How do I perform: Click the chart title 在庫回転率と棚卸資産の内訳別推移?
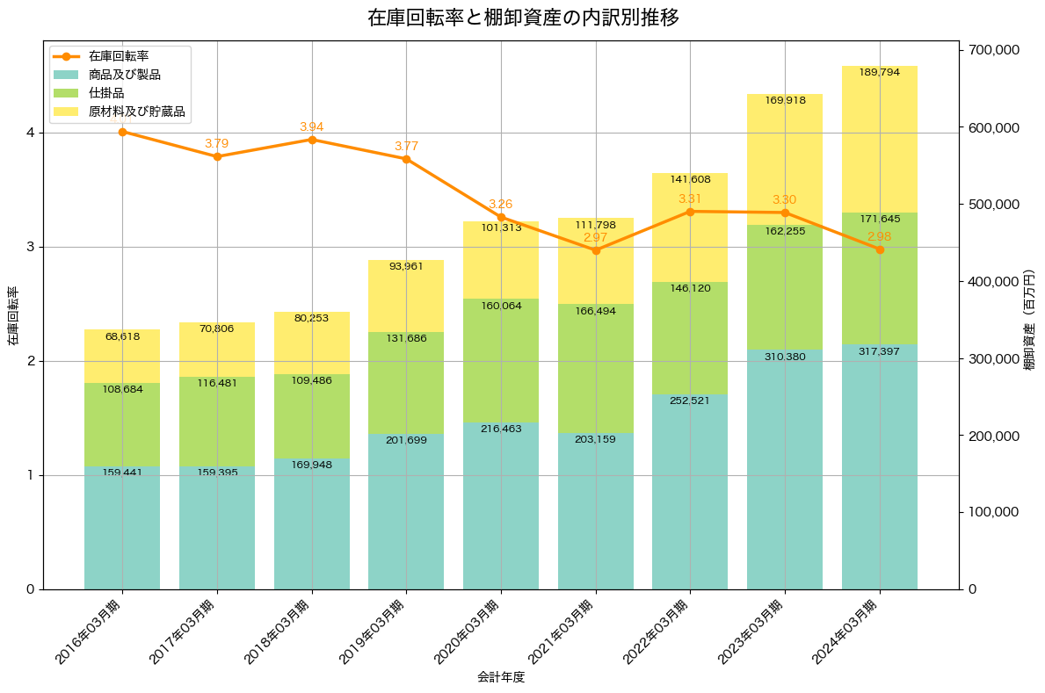click(x=522, y=18)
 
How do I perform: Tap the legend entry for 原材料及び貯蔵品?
click(x=138, y=112)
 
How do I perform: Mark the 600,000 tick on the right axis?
click(x=994, y=128)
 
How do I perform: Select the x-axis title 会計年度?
click(x=501, y=677)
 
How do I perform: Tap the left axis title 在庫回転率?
click(x=12, y=315)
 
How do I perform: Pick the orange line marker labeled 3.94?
click(x=312, y=140)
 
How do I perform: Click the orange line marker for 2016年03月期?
click(x=122, y=132)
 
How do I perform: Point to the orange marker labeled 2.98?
click(x=880, y=249)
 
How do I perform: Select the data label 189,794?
click(x=880, y=72)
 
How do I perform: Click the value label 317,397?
click(x=880, y=351)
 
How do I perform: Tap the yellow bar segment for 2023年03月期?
click(x=785, y=158)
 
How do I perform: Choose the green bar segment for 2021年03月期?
click(x=596, y=369)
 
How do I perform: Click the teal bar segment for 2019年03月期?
click(x=406, y=509)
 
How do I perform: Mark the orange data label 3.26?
click(x=501, y=204)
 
